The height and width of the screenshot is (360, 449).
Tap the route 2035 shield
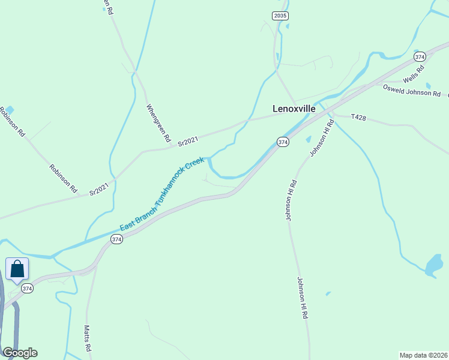pos(279,16)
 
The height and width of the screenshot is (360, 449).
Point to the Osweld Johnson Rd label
pos(412,91)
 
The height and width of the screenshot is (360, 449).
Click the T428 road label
pos(358,118)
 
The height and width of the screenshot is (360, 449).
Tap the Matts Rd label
pos(87,338)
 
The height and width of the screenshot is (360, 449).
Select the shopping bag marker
pos(17,269)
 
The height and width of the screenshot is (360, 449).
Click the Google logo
pos(20,352)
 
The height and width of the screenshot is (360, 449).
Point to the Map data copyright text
pos(423,354)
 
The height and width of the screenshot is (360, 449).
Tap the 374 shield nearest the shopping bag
pos(27,289)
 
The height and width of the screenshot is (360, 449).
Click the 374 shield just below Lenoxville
pos(283,142)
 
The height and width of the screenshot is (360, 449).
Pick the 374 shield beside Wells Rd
pos(420,56)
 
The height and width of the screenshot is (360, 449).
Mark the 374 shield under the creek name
pos(116,239)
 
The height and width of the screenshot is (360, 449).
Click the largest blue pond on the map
pos(433,266)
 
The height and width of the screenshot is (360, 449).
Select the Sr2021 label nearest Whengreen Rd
pos(188,142)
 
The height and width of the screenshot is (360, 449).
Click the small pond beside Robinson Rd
pos(10,110)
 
